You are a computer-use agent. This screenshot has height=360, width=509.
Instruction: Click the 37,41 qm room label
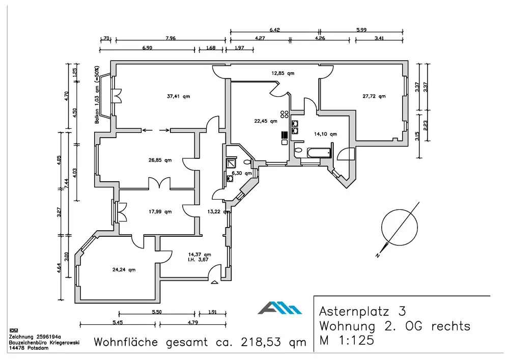[178, 96]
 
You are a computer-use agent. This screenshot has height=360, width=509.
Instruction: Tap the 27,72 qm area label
[374, 96]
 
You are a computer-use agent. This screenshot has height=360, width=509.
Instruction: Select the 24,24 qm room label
[124, 269]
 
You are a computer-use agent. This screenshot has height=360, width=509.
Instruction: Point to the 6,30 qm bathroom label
[241, 173]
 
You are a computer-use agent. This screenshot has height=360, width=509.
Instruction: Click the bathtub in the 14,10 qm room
[319, 153]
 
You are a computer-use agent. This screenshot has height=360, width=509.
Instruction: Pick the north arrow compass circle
[399, 227]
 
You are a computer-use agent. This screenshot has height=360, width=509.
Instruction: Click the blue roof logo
[280, 308]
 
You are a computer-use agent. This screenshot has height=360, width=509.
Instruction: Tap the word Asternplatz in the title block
[354, 311]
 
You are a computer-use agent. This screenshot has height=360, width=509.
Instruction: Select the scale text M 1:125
[347, 340]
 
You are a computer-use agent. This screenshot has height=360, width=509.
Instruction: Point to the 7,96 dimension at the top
[171, 38]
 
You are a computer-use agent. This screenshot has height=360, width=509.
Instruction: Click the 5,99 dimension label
[361, 30]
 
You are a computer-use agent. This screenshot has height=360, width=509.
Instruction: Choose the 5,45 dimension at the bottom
[118, 322]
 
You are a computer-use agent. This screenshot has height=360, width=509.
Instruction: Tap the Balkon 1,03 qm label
[97, 95]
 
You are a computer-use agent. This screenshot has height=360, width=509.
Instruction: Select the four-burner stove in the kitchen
[285, 114]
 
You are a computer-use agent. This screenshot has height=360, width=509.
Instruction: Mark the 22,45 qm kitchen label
[266, 121]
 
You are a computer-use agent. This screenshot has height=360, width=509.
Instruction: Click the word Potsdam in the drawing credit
[38, 348]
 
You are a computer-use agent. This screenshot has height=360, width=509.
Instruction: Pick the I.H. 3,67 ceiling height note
[198, 259]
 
